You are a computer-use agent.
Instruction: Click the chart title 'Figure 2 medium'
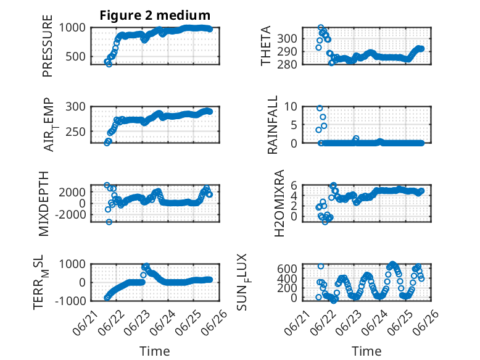[x=155, y=15]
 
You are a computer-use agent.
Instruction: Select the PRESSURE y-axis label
[x=48, y=46]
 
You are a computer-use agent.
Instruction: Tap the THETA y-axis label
[x=266, y=46]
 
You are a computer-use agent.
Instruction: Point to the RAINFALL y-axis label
[x=272, y=125]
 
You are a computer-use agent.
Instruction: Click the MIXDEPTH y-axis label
[x=44, y=204]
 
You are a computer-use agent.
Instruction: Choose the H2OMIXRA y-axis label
[x=279, y=203]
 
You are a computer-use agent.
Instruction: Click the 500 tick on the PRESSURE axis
[x=75, y=56]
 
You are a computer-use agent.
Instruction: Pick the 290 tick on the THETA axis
[x=287, y=51]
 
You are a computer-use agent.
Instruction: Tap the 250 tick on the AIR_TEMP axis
[x=75, y=132]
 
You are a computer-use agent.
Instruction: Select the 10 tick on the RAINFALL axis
[x=291, y=107]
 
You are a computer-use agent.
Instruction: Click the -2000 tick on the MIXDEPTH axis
[x=71, y=215]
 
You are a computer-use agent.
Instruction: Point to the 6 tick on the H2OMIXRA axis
[x=294, y=185]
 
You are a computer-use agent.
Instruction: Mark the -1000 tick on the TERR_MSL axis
[x=71, y=301]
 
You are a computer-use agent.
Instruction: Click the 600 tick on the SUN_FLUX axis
[x=287, y=269]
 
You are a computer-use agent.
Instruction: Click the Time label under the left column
[x=155, y=351]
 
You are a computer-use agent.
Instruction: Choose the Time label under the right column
[x=366, y=351]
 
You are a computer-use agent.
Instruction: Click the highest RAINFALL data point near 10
[x=320, y=108]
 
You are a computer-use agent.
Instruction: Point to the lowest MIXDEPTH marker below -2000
[x=109, y=222]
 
